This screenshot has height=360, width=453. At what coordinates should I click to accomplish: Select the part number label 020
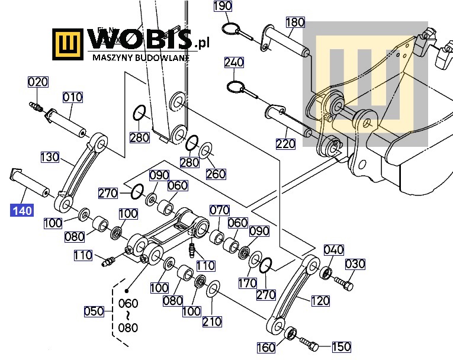pyautogui.click(x=38, y=82)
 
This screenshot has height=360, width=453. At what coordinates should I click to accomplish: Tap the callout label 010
pyautogui.click(x=73, y=97)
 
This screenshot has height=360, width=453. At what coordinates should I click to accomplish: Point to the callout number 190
pyautogui.click(x=223, y=7)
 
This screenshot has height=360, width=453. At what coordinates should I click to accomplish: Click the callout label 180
pyautogui.click(x=295, y=22)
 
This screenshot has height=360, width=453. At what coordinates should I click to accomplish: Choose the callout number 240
pyautogui.click(x=234, y=62)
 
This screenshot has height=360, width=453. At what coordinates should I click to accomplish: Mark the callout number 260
pyautogui.click(x=216, y=173)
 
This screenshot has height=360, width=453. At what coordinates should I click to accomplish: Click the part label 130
pyautogui.click(x=50, y=157)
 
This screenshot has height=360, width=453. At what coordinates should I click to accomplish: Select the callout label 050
pyautogui.click(x=94, y=311)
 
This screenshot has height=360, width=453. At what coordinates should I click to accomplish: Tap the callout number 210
pyautogui.click(x=212, y=322)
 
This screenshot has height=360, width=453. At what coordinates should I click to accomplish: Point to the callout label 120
pyautogui.click(x=320, y=301)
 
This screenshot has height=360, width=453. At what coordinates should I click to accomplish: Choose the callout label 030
pyautogui.click(x=355, y=264)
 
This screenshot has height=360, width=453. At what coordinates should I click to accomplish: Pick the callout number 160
pyautogui.click(x=266, y=347)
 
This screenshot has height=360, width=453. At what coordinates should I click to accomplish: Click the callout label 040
pyautogui.click(x=333, y=250)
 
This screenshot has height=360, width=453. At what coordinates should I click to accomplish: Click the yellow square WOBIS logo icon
pyautogui.click(x=69, y=44)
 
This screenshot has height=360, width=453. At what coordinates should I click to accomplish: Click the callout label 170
pyautogui.click(x=248, y=284)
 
